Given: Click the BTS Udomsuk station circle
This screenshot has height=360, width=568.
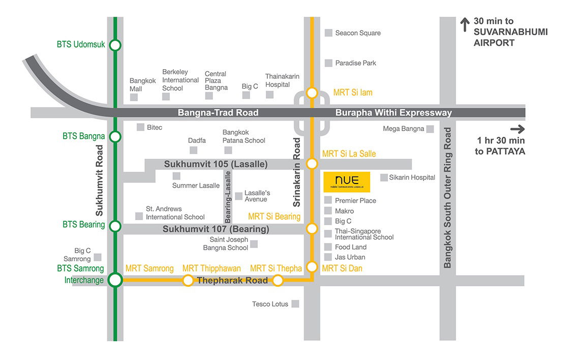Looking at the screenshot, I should pyautogui.click(x=115, y=45).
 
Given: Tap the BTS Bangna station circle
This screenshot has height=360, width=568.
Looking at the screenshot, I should pyautogui.click(x=115, y=136).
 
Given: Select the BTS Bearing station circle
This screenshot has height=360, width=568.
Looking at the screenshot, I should pyautogui.click(x=115, y=226).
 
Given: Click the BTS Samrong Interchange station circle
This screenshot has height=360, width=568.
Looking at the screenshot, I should pyautogui.click(x=115, y=280).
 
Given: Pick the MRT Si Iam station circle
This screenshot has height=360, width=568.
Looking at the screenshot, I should pyautogui.click(x=312, y=93).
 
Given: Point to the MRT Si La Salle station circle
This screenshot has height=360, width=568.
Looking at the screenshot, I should pyautogui.click(x=312, y=164).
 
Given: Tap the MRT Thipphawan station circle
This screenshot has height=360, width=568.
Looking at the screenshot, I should pyautogui.click(x=188, y=280).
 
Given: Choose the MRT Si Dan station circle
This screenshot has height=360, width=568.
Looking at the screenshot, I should pyautogui.click(x=312, y=267).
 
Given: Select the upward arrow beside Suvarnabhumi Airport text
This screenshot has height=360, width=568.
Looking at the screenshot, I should pyautogui.click(x=464, y=24).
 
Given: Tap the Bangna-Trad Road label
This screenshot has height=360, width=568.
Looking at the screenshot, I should pyautogui.click(x=218, y=113).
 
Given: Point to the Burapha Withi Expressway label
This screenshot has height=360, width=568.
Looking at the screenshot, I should pyautogui.click(x=394, y=113).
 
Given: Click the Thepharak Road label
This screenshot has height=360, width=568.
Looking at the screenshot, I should pyautogui.click(x=232, y=281).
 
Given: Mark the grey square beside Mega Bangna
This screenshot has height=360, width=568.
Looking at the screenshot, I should pyautogui.click(x=430, y=129).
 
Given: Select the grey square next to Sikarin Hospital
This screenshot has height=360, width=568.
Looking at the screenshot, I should pyautogui.click(x=384, y=177).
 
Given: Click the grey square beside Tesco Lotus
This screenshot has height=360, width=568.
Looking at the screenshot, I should pyautogui.click(x=295, y=304).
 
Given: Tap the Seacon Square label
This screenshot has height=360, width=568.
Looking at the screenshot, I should pyautogui.click(x=357, y=33).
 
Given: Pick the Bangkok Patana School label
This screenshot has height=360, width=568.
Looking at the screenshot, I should pyautogui.click(x=244, y=136).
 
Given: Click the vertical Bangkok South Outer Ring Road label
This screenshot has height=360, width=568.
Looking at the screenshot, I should pyautogui.click(x=447, y=198).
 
